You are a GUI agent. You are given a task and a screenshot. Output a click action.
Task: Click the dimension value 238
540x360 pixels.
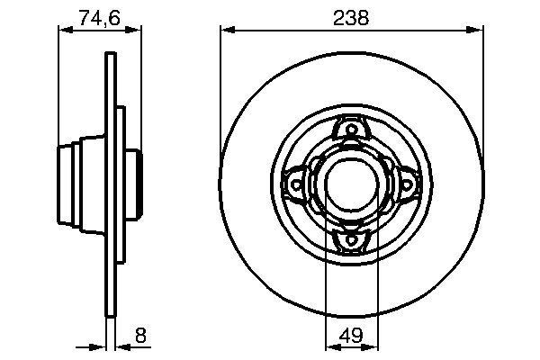coord(349,18)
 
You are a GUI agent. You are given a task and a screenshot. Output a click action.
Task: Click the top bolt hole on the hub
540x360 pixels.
coord(349,131)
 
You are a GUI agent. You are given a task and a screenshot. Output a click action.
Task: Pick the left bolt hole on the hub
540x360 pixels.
coord(294,184)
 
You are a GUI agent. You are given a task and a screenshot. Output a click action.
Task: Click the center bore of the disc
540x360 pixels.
coord(349,184)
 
